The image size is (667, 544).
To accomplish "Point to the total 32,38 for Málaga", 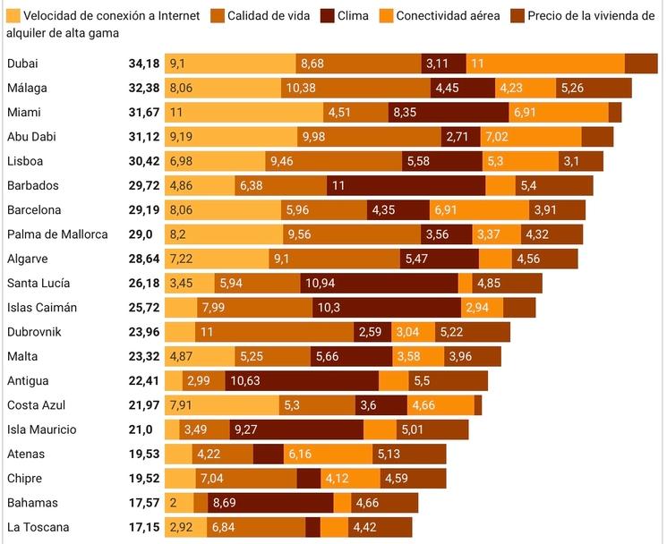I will [x=144, y=88].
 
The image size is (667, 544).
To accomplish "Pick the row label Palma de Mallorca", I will [x=57, y=234].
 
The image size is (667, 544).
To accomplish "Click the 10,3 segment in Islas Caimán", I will [x=387, y=308].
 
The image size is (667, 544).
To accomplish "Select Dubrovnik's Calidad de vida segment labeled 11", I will [x=273, y=332].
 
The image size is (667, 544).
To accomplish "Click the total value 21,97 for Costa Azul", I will [x=144, y=405].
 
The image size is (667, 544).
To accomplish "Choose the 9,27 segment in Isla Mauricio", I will [x=295, y=429].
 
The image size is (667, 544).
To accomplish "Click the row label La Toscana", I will [x=38, y=528].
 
